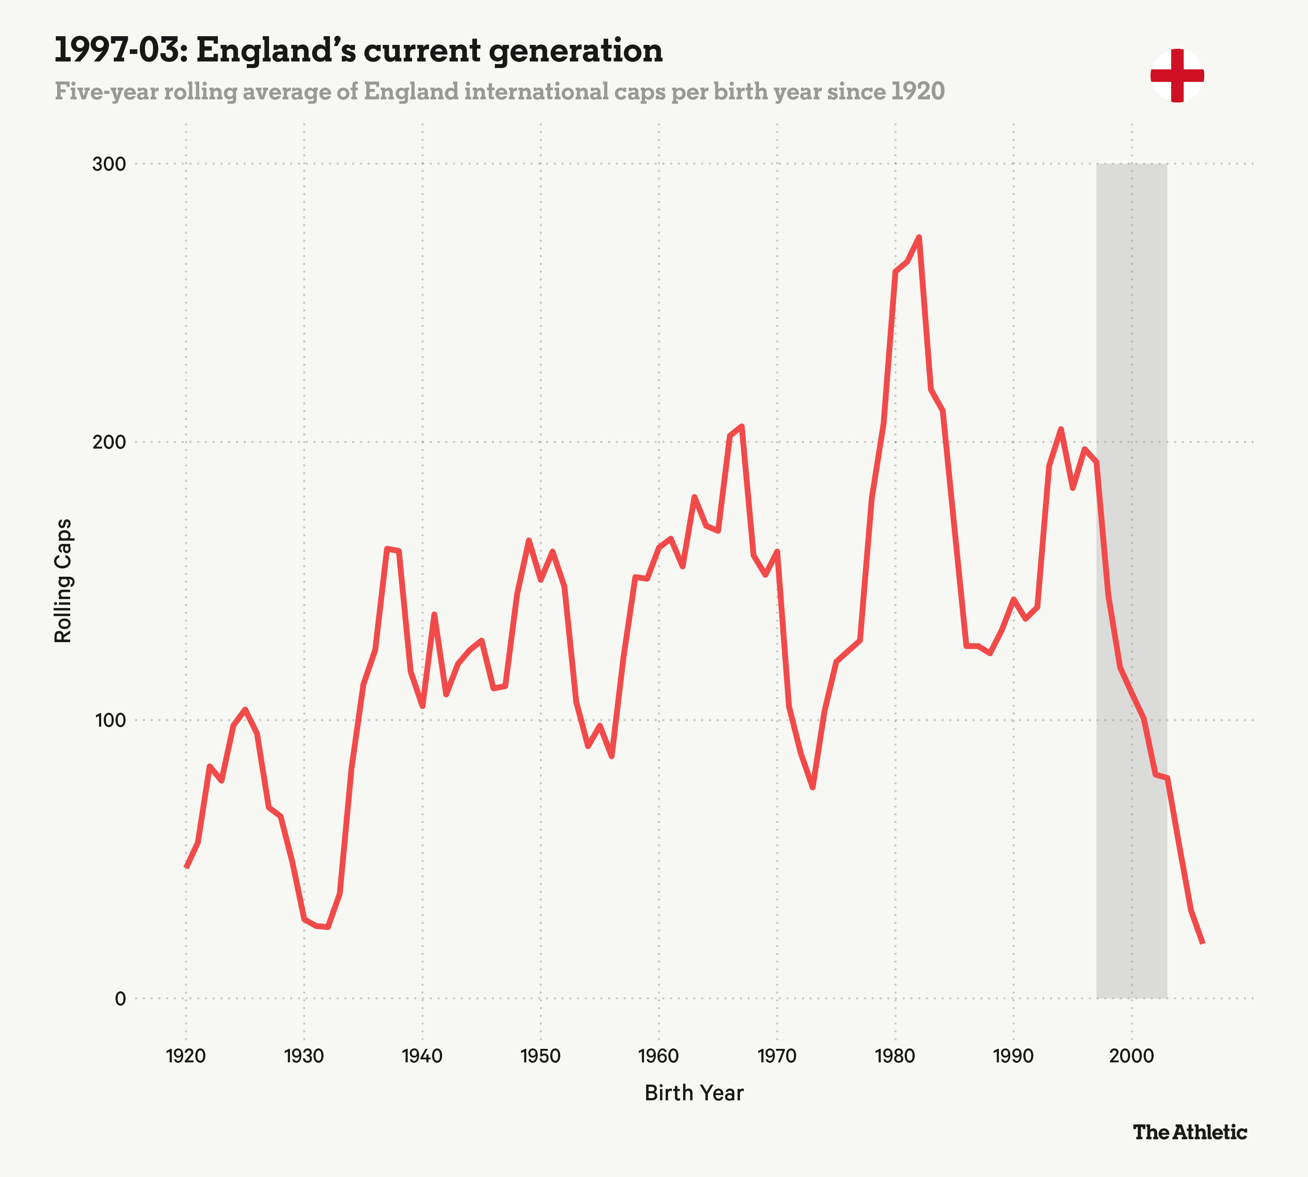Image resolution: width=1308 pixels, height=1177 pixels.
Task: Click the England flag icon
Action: click(x=1177, y=76)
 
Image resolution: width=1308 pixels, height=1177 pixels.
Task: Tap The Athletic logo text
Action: click(x=1189, y=1132)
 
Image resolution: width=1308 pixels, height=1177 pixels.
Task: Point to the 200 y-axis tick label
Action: click(x=109, y=442)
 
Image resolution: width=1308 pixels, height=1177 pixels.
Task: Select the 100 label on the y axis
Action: click(x=109, y=721)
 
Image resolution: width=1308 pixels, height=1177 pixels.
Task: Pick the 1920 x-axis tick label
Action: click(x=186, y=1056)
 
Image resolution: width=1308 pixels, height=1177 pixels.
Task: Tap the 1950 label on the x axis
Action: click(x=540, y=1056)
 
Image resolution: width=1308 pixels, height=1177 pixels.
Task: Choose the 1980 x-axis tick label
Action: click(x=895, y=1056)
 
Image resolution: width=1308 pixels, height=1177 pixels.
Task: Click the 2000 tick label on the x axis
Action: click(x=1131, y=1056)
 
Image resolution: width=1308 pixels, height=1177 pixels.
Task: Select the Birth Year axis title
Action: click(x=694, y=1093)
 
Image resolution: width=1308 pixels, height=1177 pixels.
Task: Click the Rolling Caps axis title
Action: click(x=63, y=581)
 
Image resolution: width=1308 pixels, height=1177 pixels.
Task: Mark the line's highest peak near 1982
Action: click(x=919, y=237)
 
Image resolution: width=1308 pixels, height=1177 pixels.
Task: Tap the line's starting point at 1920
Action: click(x=186, y=867)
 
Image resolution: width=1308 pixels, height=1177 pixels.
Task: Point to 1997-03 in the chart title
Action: click(x=120, y=51)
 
